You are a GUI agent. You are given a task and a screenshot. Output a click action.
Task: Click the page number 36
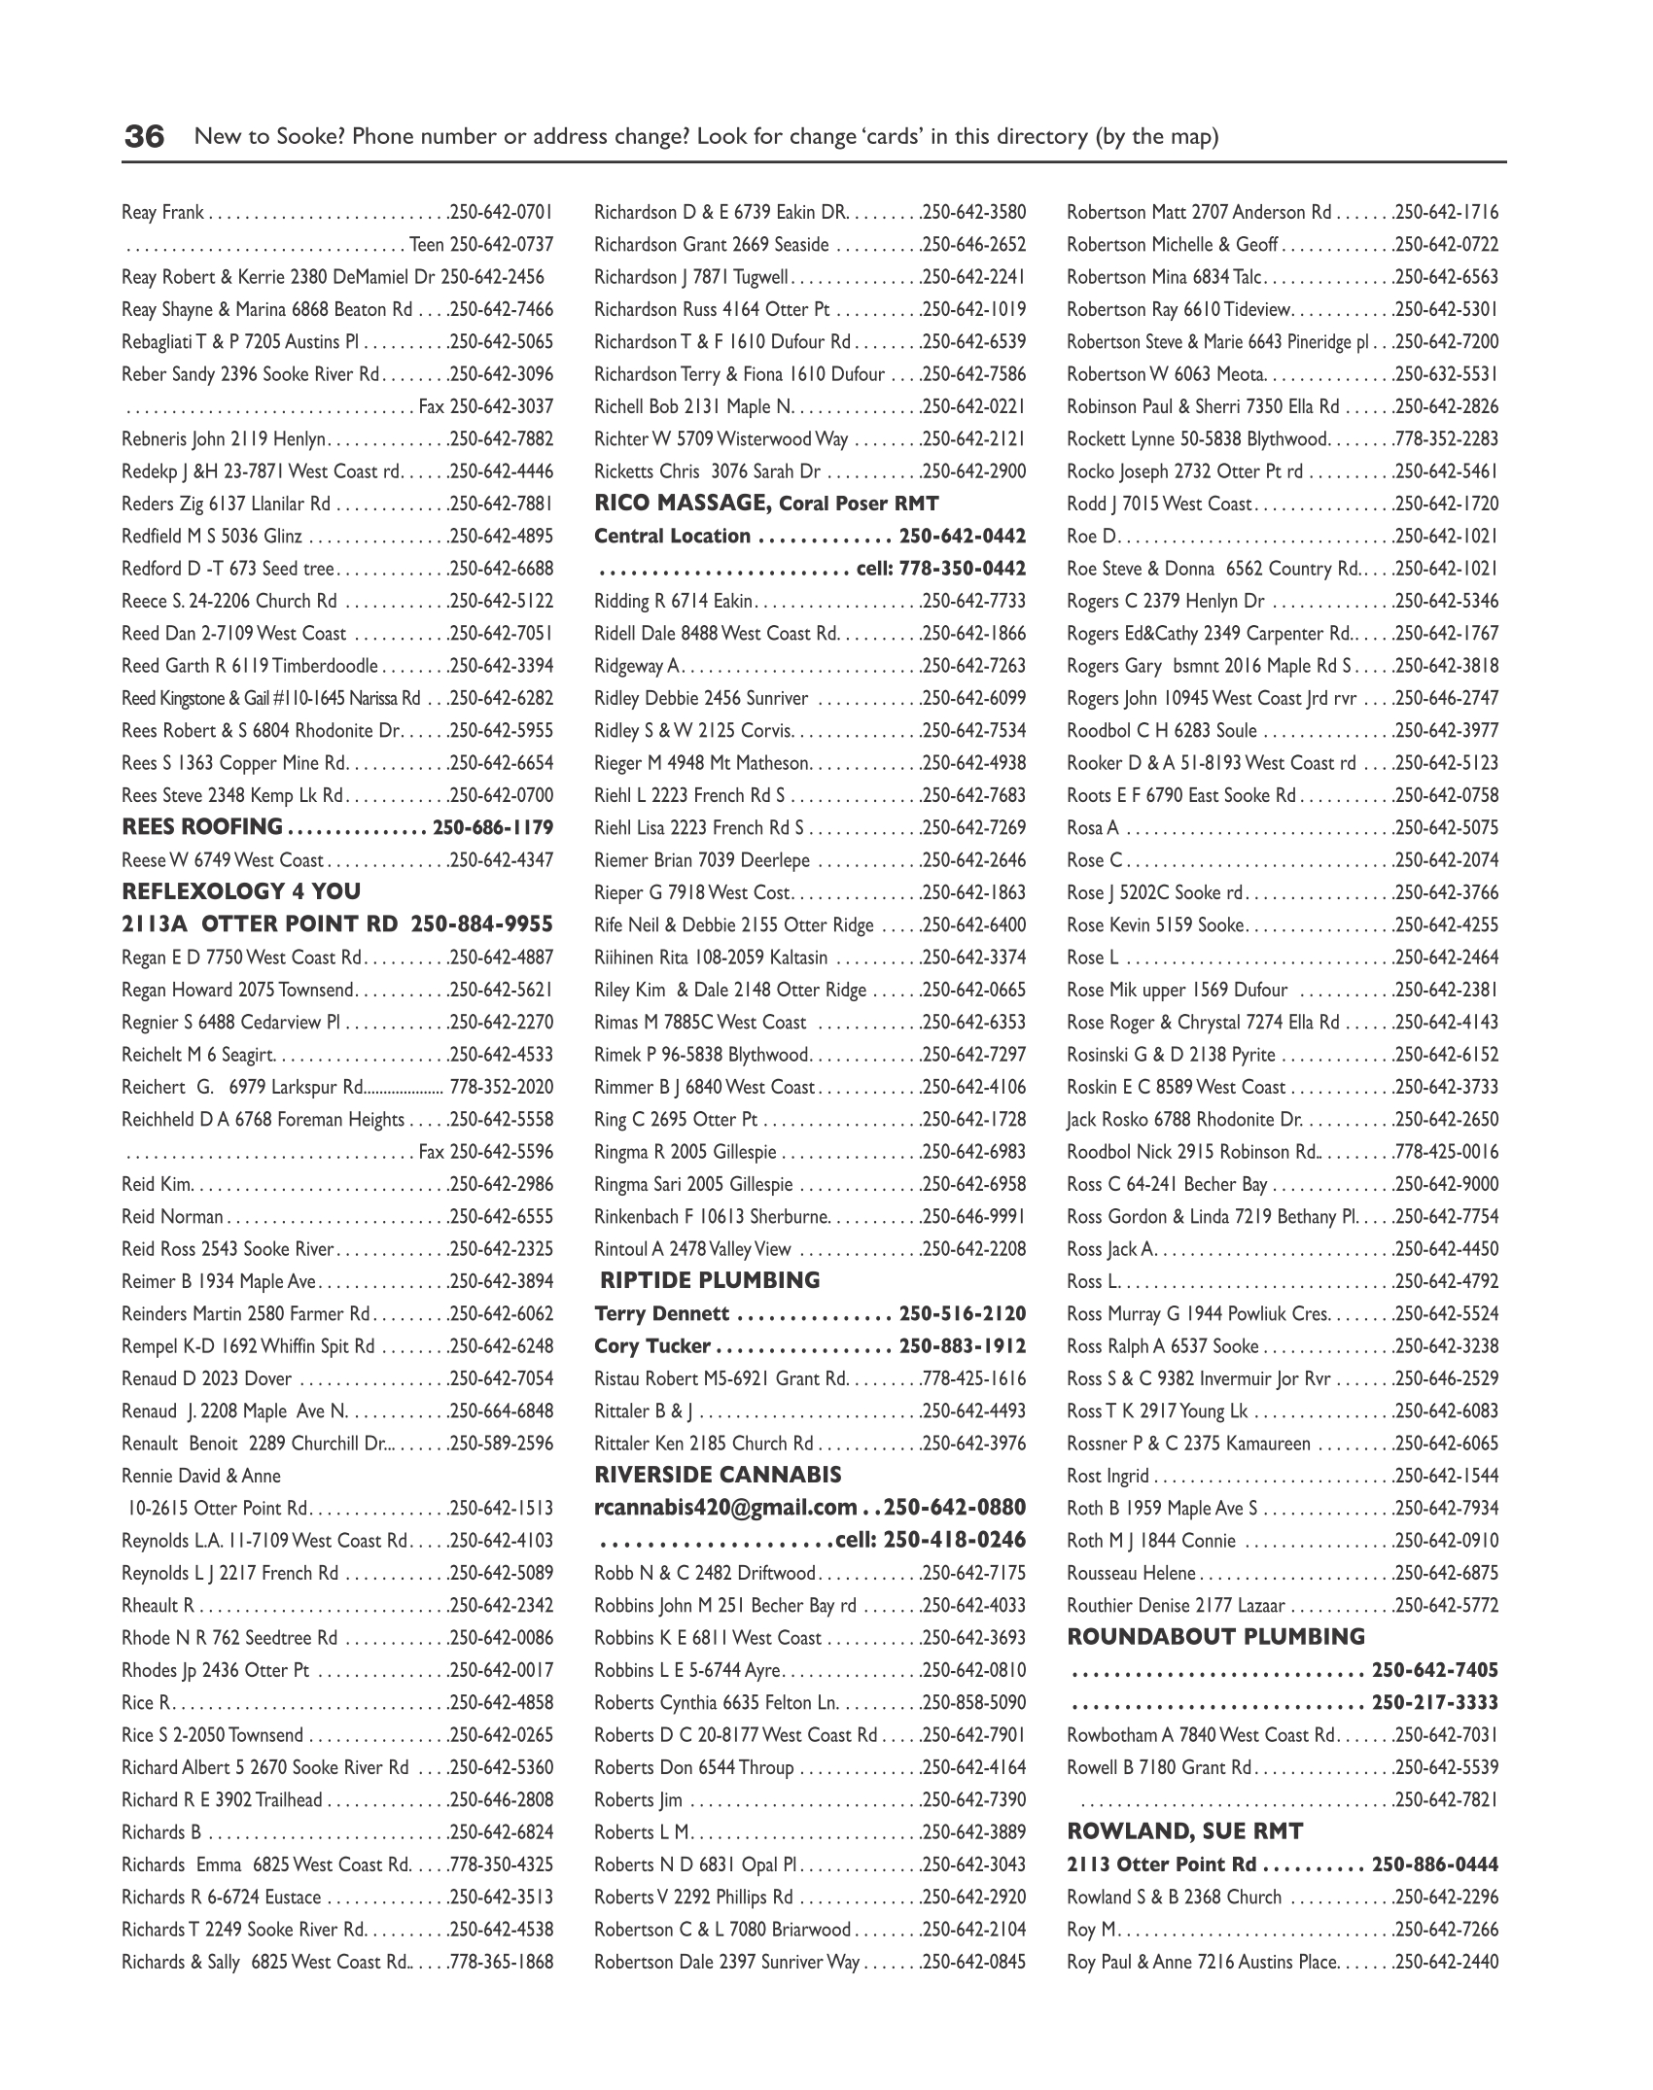point(144,137)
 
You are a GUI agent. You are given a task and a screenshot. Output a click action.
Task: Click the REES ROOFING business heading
point(201,827)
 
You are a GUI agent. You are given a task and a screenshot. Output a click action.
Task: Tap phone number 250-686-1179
point(493,828)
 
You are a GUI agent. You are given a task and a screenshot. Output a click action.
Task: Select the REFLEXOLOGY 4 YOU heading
point(241,891)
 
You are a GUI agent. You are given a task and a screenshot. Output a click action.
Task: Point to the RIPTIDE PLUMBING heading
point(710,1280)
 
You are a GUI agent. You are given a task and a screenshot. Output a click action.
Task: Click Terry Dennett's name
point(661,1314)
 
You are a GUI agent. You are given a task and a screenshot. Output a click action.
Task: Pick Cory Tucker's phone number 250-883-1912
point(963,1346)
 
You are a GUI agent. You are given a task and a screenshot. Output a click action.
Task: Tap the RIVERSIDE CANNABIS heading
point(718,1475)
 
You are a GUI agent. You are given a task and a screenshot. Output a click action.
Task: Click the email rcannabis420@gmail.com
point(725,1508)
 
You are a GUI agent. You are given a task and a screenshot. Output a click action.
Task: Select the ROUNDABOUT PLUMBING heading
point(1215,1637)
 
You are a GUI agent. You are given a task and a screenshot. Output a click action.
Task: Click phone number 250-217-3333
point(1435,1703)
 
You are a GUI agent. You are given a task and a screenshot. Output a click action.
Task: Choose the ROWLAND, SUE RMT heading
point(1184,1831)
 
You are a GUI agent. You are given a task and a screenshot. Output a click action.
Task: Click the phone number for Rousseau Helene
point(1447,1573)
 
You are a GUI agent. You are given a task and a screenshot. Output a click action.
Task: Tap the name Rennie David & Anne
point(200,1476)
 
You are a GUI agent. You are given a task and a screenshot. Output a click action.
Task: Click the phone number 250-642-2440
point(1447,1962)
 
